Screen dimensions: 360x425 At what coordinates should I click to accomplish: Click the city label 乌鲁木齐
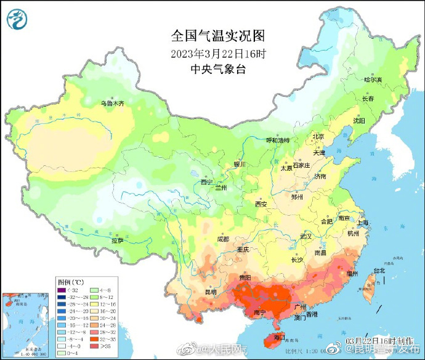pos(113,103)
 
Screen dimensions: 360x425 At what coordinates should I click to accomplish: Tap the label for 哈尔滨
pos(373,80)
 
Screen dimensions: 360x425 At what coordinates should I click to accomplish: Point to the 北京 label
pos(318,137)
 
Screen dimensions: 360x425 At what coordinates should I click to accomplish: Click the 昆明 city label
pos(210,292)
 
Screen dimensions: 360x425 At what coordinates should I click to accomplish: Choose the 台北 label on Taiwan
pos(379,270)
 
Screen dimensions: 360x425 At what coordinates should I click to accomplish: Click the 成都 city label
pos(222,239)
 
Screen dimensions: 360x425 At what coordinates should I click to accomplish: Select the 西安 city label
pos(261,204)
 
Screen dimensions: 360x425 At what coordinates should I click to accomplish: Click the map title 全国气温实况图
pos(218,35)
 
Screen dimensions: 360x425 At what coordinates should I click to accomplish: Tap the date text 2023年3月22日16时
pos(218,53)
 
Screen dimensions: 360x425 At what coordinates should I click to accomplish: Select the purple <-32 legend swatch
pos(61,290)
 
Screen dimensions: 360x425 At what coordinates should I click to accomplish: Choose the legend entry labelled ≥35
pos(98,346)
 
